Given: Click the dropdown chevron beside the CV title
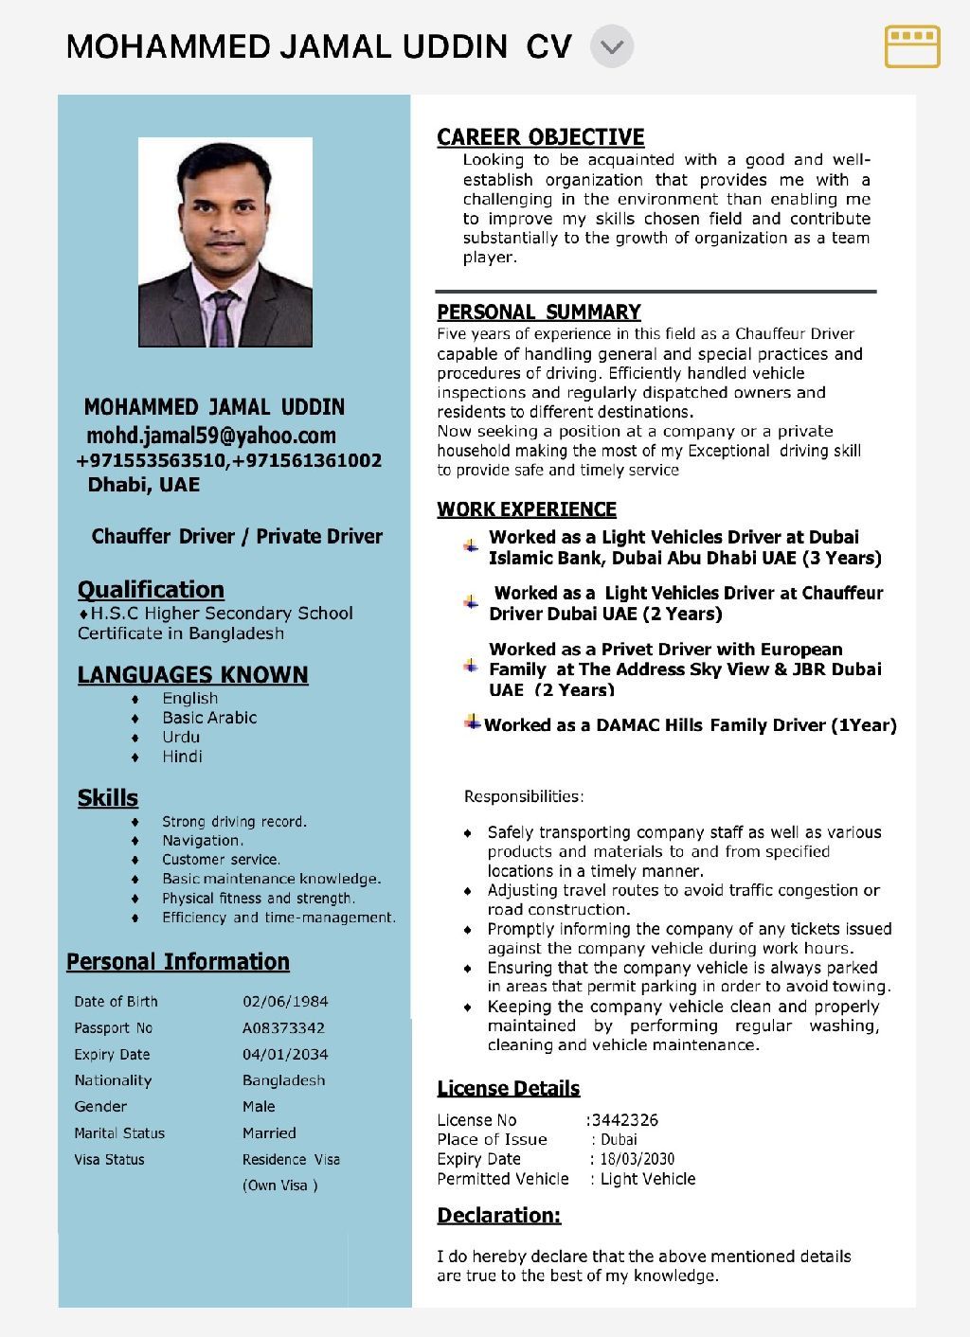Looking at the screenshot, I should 612,46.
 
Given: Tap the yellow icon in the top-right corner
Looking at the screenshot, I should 912,46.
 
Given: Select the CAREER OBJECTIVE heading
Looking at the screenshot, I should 540,137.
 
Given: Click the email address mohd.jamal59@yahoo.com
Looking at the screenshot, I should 211,436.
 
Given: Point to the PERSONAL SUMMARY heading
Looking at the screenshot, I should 538,312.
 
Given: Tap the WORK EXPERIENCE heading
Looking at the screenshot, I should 527,509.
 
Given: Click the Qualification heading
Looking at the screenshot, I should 151,589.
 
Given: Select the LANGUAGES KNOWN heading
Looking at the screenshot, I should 192,675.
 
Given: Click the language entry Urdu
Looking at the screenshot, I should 181,737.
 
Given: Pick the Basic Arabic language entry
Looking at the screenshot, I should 209,718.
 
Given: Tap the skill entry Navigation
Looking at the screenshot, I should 202,841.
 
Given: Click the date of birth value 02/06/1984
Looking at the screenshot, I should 285,1002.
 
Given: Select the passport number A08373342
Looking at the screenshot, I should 283,1028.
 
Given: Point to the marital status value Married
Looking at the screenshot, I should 269,1133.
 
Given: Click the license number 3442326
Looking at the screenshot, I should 624,1120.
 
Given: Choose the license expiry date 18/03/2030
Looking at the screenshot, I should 637,1159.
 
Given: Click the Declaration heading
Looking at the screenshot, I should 498,1216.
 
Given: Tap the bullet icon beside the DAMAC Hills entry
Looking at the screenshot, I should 472,723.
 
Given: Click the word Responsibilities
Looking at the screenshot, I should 523,796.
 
